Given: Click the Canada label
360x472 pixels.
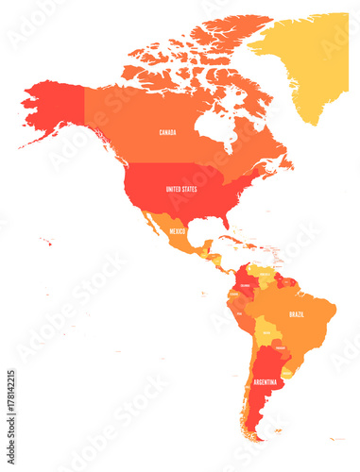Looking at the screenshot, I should (167, 132).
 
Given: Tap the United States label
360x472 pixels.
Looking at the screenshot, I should (182, 189).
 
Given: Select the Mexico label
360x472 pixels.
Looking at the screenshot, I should (177, 230).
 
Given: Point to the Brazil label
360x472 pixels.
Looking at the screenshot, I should (297, 313).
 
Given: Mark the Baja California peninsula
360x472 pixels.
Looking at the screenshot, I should (150, 227).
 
